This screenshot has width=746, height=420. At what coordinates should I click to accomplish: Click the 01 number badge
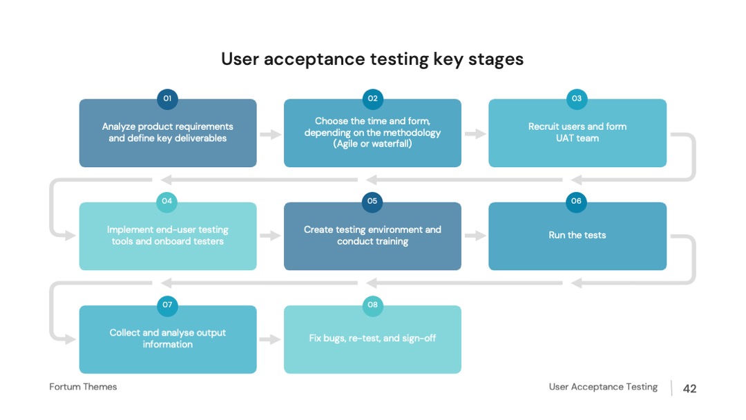coord(167,99)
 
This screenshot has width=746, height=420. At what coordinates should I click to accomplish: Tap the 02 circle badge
coord(372,99)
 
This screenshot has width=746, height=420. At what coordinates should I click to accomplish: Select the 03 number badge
coord(577,99)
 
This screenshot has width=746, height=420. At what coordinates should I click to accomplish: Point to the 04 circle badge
coord(167,202)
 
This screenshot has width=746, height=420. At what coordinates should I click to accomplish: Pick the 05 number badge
coord(372,202)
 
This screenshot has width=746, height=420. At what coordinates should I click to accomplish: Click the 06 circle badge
coord(576,202)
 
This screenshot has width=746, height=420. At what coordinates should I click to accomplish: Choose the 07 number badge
coord(167,305)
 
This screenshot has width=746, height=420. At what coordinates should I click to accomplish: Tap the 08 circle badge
coord(372,305)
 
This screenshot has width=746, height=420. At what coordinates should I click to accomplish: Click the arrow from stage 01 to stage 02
coord(270,134)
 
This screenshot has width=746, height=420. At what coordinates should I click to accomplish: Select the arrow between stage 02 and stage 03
coord(475,134)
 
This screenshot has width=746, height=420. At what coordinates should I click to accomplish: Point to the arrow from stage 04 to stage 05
coord(270,236)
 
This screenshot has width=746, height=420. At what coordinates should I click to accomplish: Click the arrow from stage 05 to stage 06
coord(475,236)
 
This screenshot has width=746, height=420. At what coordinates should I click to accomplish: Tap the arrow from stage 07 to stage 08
coord(270,339)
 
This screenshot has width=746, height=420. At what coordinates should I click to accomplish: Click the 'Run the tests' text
coord(577,235)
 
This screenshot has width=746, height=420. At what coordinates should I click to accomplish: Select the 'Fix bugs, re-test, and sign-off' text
coord(372,338)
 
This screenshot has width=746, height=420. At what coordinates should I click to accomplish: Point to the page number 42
coord(690,389)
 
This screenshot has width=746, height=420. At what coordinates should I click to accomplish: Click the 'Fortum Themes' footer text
coord(84,387)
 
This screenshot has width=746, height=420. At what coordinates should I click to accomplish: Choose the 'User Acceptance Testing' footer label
coord(603,387)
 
